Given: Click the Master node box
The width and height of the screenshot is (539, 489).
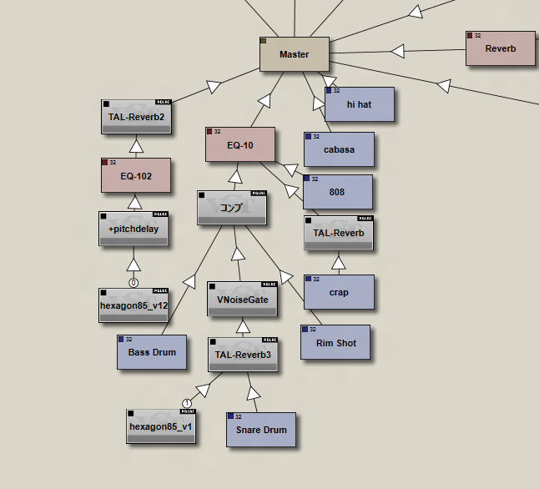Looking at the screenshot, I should coord(294,54).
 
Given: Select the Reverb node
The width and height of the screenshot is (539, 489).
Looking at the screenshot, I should coord(501,48).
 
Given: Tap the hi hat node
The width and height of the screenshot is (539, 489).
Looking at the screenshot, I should coord(359,104).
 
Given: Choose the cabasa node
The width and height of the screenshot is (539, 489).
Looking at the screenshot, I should coord(339,149).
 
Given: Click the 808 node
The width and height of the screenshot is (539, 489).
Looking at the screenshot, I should coord(336,192).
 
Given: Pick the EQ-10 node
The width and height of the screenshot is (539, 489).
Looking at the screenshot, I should coord(239,145).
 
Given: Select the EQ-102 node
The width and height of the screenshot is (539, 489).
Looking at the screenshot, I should coord(135,176).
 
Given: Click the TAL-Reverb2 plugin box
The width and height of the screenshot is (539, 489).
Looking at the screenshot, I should coord(136,117).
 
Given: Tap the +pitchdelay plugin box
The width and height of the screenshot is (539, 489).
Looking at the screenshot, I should coord(133,229).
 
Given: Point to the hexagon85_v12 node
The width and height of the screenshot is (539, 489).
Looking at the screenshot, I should coord(133,305).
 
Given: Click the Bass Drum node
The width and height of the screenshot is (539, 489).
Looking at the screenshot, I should coord(152,352).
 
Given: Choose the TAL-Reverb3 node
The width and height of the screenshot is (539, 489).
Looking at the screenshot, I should coord(243,355).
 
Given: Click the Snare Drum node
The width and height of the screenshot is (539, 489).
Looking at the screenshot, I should coord(260,430).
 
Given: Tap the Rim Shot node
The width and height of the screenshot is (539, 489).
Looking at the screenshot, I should coord(335,343).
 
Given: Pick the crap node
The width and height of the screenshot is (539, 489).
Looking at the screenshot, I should coord(339,293).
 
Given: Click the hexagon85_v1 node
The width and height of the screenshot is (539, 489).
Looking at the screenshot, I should coord(161,426).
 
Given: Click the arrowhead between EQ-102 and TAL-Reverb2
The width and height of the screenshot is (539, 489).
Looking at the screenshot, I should coord(135,149).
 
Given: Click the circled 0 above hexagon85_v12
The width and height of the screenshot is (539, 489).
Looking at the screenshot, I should coord(133,283).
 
